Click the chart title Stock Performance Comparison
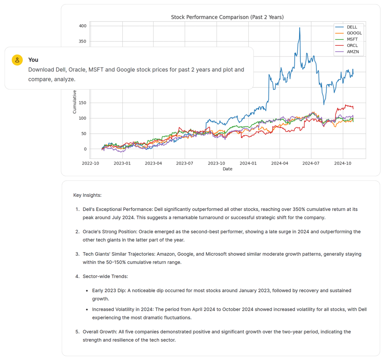[x=227, y=17]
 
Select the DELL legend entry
[x=352, y=27]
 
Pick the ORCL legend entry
[x=352, y=46]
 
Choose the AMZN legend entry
[x=352, y=52]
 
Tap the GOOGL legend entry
[x=354, y=33]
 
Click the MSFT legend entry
[x=352, y=39]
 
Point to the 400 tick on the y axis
[x=82, y=26]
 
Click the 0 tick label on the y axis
[x=85, y=149]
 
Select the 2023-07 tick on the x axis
[x=184, y=163]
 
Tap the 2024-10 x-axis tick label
[x=343, y=163]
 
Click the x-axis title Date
[x=227, y=169]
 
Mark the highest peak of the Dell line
[x=299, y=28]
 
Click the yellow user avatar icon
[x=17, y=60]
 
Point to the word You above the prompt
[x=33, y=60]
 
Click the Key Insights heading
[x=87, y=195]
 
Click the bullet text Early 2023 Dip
[x=109, y=290]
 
